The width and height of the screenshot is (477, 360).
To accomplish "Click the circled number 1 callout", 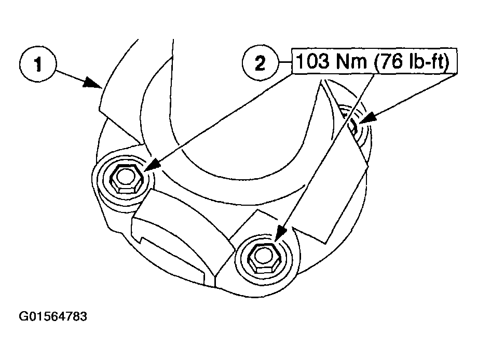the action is (x=38, y=64).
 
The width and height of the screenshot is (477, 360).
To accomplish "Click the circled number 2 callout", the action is (x=261, y=63).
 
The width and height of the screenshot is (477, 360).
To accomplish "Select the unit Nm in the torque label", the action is (x=352, y=61).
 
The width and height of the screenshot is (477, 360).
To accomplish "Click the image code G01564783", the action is (x=53, y=316).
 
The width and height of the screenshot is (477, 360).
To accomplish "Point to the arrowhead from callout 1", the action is (x=92, y=82).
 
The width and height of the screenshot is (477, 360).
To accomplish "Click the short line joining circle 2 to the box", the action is (x=285, y=62).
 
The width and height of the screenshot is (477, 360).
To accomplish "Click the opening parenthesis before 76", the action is (x=377, y=62).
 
